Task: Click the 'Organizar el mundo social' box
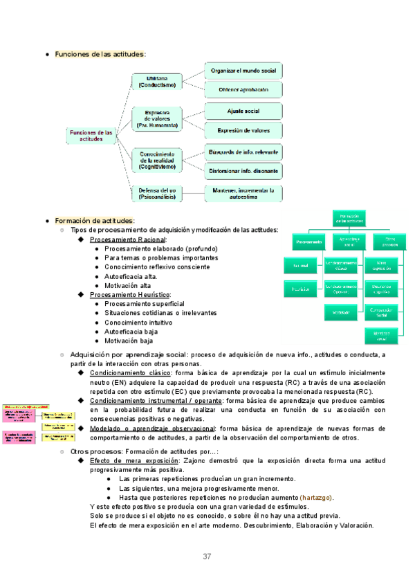[x=244, y=71]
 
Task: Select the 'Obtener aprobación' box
[x=244, y=89]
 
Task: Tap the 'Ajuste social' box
[x=244, y=111]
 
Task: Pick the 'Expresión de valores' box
[x=244, y=129]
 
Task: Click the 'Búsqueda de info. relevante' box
[x=244, y=152]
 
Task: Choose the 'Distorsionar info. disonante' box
[x=244, y=170]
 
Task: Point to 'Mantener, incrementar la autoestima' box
[x=244, y=192]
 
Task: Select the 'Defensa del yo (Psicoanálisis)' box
[x=157, y=192]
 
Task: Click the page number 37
[x=207, y=557]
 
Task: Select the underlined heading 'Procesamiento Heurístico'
[x=129, y=294]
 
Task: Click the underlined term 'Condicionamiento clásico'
[x=130, y=373]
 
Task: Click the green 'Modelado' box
[x=341, y=311]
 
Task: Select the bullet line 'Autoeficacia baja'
[x=131, y=331]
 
